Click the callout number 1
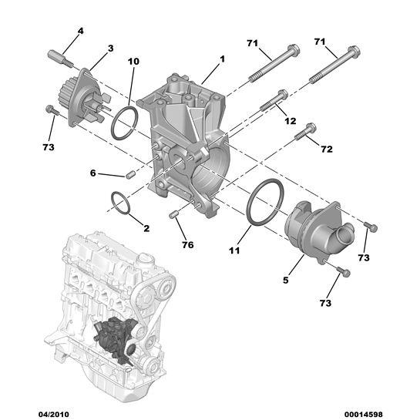(223, 59)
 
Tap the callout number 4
(80, 32)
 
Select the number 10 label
(133, 61)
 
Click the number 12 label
(290, 120)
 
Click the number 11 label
(235, 250)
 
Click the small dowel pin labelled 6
(130, 175)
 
